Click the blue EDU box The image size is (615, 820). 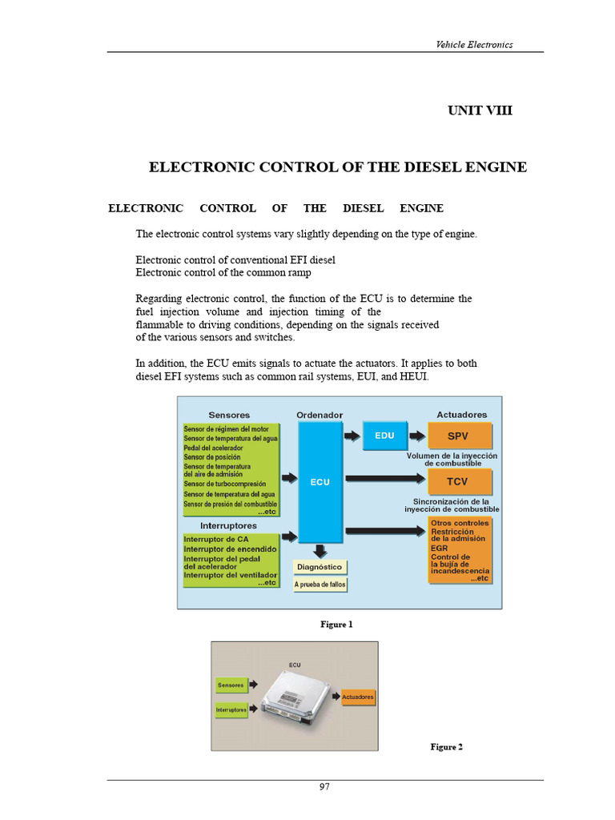[384, 436]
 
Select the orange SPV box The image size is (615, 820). [458, 436]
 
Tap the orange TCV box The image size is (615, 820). [458, 482]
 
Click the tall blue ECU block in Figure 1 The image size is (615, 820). [320, 482]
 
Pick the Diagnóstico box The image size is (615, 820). [320, 567]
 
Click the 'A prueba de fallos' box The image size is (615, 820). [320, 585]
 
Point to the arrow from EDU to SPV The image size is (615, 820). [416, 436]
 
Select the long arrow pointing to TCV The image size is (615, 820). [384, 481]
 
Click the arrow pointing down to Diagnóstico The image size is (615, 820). [320, 550]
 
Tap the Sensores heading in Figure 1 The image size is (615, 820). [229, 416]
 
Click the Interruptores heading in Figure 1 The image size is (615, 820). [228, 526]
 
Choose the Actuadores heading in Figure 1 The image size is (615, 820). [461, 415]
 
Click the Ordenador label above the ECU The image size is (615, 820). [320, 416]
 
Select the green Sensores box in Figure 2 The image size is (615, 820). [231, 685]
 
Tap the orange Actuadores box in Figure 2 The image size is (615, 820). [357, 697]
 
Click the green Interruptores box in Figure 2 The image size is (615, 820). [231, 709]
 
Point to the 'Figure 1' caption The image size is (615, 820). [336, 625]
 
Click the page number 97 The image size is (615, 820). [324, 787]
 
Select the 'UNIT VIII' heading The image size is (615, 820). [480, 111]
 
